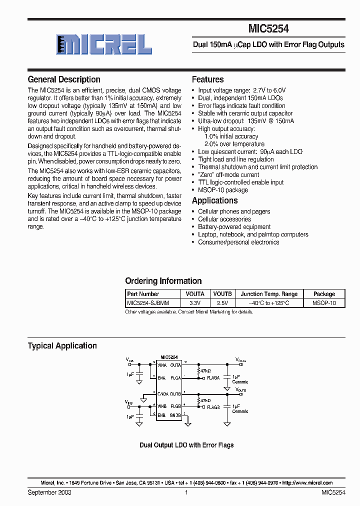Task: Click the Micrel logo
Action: tap(103, 44)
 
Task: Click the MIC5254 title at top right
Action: tap(268, 29)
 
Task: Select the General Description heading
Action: tap(64, 79)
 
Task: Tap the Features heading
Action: tap(208, 79)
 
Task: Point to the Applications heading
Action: tap(215, 200)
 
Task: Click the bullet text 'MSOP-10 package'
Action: tap(223, 190)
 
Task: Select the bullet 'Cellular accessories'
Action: tap(224, 219)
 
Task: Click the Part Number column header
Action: tap(143, 294)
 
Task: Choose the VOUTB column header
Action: tap(222, 294)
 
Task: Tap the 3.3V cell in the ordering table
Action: tap(194, 303)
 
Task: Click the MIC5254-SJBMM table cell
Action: tap(148, 303)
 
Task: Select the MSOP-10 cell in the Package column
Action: tap(324, 303)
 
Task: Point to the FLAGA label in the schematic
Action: tap(213, 378)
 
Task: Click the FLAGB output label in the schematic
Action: tap(213, 407)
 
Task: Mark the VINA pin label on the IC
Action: tap(162, 365)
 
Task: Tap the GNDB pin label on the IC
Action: tap(175, 415)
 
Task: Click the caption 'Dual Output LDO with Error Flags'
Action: tap(186, 445)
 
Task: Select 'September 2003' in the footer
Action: tap(49, 492)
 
